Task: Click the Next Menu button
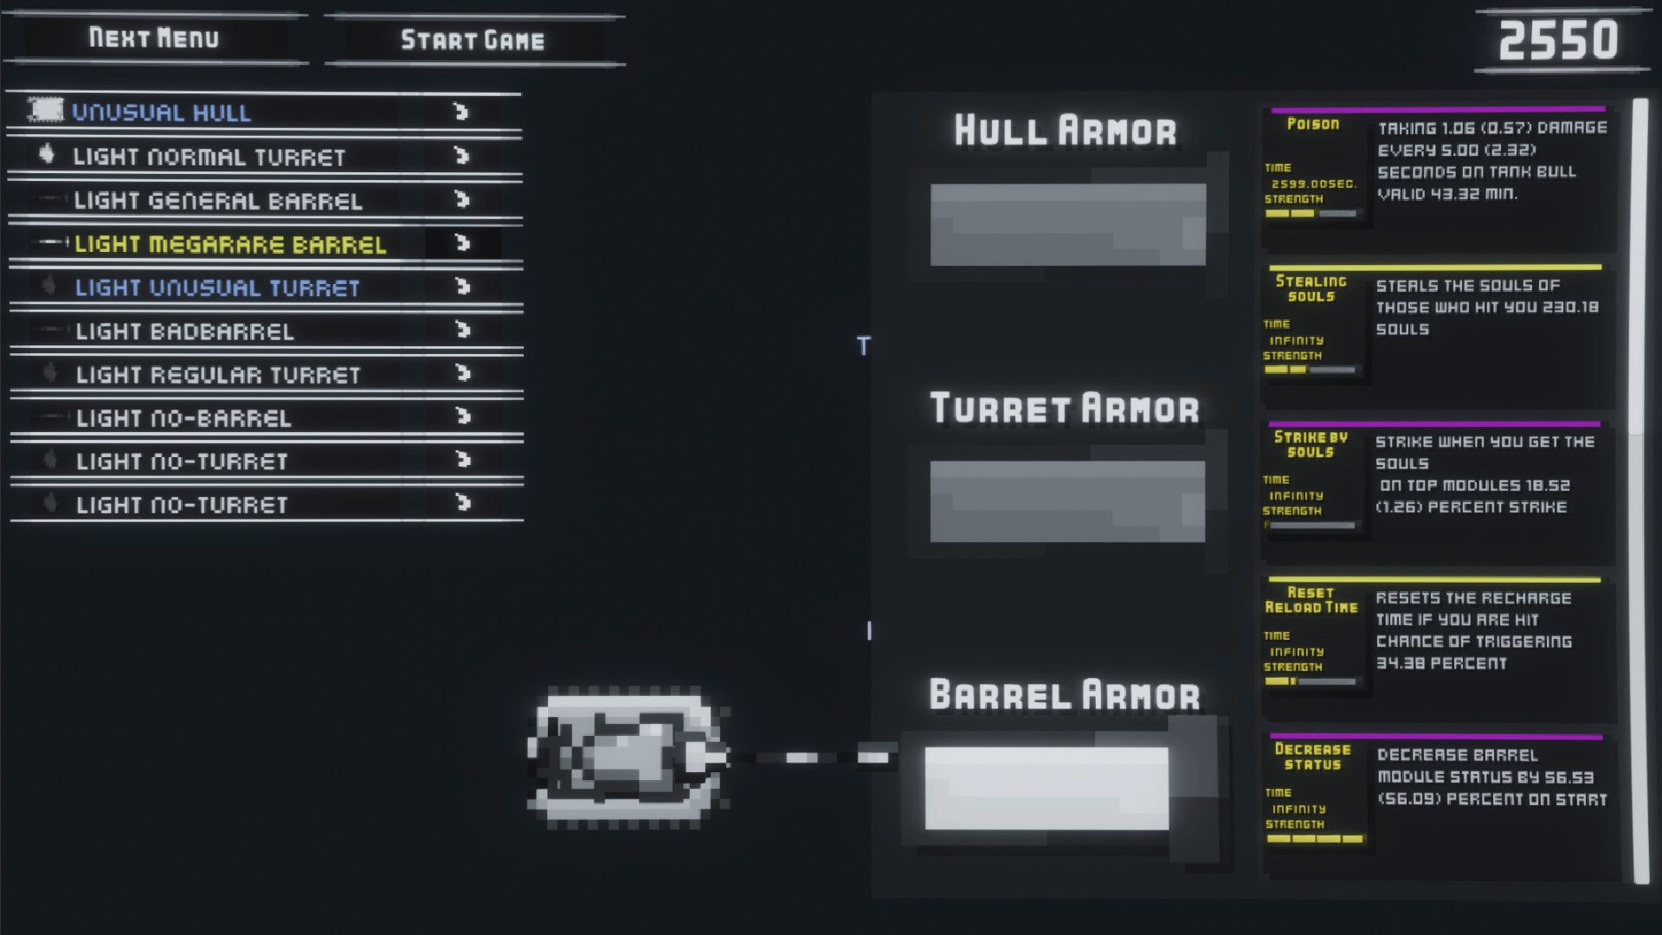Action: click(154, 38)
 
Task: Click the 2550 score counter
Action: click(1558, 41)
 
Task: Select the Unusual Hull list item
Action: click(161, 113)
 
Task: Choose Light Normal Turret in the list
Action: click(209, 157)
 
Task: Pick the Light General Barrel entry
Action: click(217, 201)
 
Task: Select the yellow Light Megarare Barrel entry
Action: click(229, 244)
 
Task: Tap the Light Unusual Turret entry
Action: click(216, 287)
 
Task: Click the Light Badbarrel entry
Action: click(184, 331)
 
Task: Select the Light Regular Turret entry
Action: click(217, 375)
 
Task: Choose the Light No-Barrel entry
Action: click(184, 418)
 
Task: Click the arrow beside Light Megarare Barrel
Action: click(462, 243)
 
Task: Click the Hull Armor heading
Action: click(1066, 131)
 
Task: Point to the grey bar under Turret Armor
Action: click(1067, 501)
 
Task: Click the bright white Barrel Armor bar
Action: click(1047, 788)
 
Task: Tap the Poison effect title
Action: click(1313, 124)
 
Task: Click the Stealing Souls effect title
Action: click(1311, 288)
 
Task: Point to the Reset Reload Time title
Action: click(1311, 600)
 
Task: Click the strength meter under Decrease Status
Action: click(1314, 839)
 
